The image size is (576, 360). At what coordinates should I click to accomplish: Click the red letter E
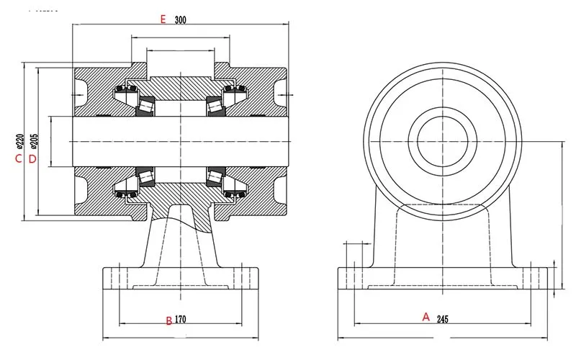click(163, 19)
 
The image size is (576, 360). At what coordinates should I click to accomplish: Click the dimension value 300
click(181, 20)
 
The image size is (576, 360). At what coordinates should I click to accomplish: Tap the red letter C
click(19, 158)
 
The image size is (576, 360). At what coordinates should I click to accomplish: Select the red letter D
click(32, 159)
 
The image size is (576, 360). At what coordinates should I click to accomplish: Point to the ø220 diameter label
click(20, 142)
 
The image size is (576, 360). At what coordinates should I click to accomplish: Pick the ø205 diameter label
click(33, 141)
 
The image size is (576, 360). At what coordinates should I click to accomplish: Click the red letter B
click(169, 320)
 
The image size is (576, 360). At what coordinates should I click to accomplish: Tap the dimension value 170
click(180, 319)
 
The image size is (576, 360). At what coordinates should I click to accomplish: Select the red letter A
click(426, 317)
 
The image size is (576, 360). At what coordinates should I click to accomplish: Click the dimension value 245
click(443, 319)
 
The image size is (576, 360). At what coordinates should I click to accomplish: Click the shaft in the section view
click(181, 141)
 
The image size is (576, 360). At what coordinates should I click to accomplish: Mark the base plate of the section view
click(181, 279)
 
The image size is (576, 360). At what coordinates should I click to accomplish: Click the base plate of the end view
click(443, 279)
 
